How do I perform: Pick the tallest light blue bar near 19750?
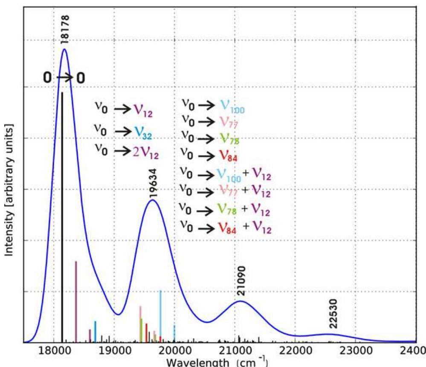pos(160,315)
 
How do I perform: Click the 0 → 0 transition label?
pos(64,78)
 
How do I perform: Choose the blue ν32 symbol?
pos(143,132)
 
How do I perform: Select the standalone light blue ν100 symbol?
pos(232,106)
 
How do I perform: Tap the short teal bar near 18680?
pos(95,331)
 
